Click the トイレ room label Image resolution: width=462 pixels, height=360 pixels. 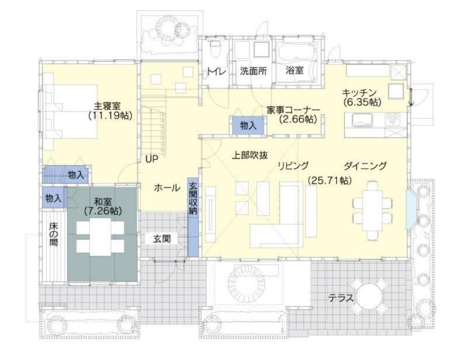click(217, 72)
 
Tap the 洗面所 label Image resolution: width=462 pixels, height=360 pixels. click(253, 72)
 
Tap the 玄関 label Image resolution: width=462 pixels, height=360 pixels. click(161, 238)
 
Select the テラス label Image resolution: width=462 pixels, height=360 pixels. click(341, 297)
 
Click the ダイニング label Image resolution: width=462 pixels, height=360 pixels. click(365, 166)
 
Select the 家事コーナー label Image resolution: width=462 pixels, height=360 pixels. click(293, 110)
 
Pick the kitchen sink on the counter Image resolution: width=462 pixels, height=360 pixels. click(362, 120)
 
